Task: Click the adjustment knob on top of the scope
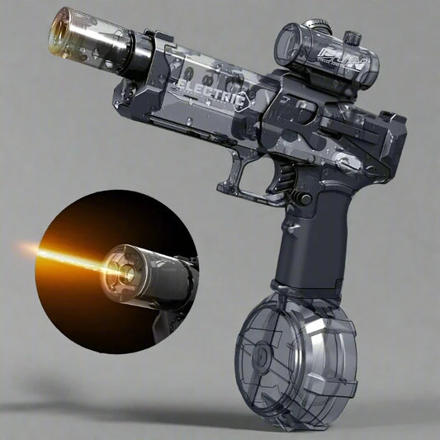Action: (352, 36)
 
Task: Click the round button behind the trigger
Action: (305, 199)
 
